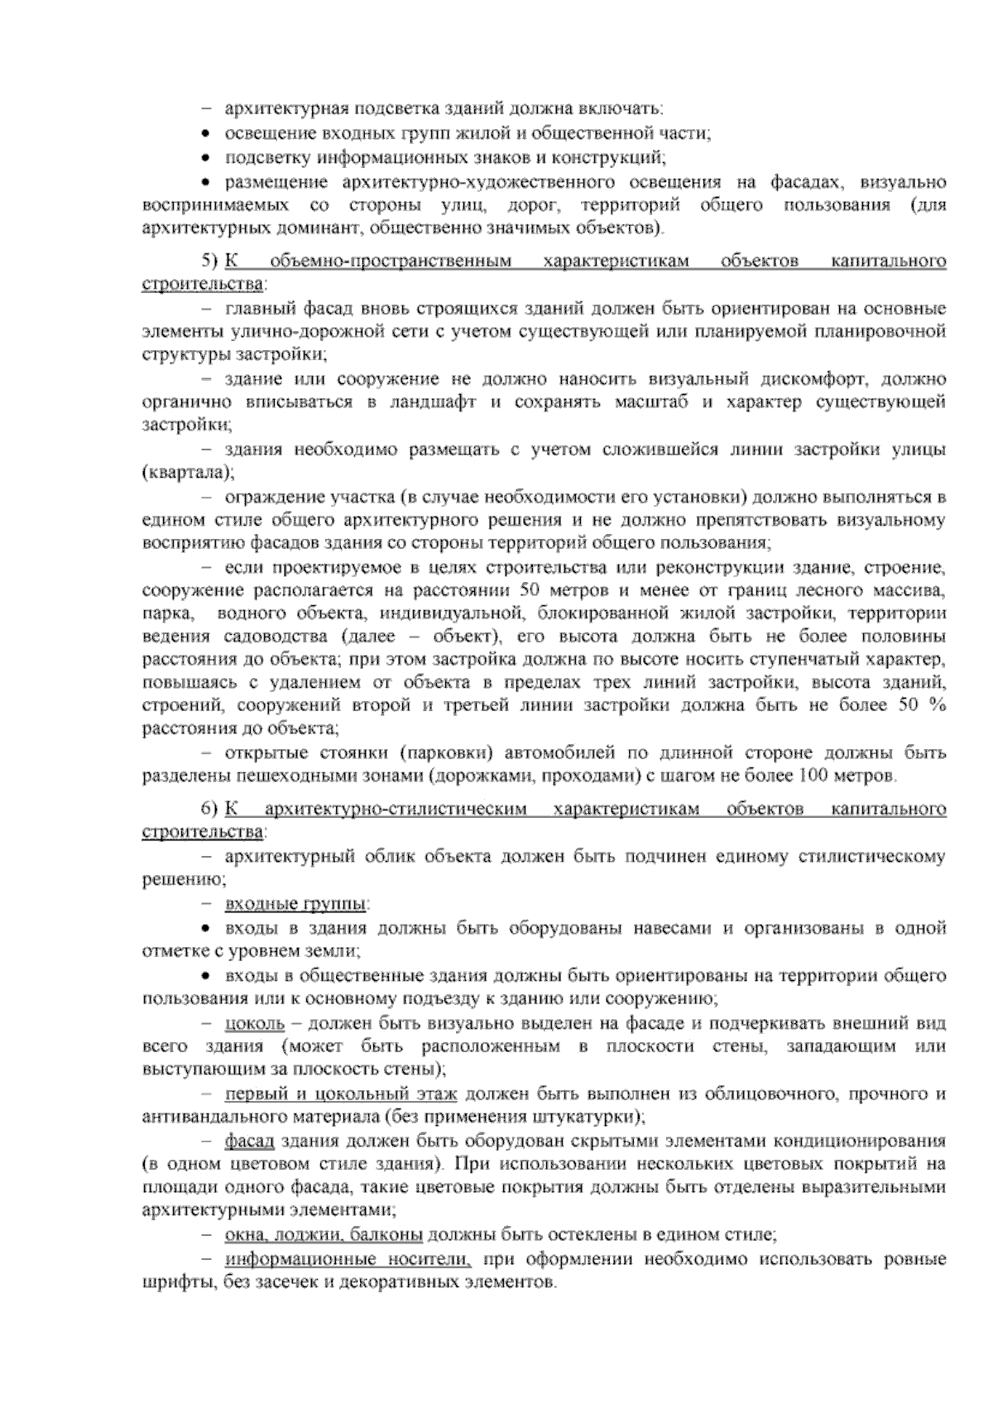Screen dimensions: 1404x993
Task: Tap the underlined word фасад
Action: [249, 1142]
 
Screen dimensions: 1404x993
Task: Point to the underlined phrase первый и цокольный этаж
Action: [341, 1094]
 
